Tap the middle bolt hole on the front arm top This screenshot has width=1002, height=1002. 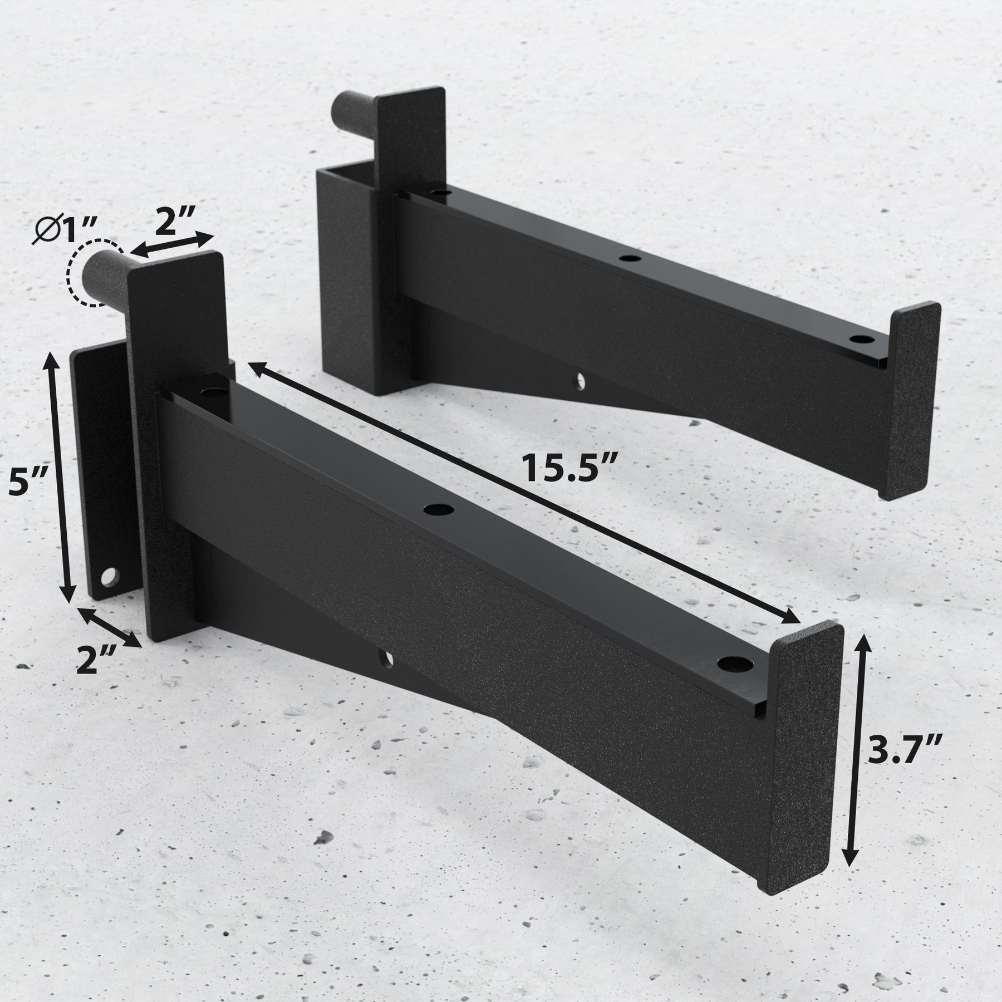(438, 509)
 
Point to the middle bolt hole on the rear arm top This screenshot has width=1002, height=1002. (630, 258)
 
